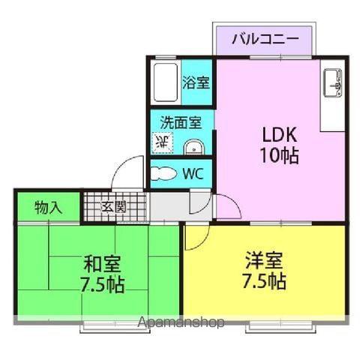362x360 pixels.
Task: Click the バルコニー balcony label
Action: coord(265,39)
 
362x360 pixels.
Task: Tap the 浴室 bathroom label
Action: coord(196,82)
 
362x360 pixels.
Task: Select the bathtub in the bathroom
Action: coord(166,82)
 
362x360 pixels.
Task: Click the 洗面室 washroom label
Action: coord(181,122)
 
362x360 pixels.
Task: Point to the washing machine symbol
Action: coord(163,142)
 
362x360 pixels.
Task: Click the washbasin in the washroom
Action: coord(194,148)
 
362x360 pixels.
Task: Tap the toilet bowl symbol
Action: coord(164,173)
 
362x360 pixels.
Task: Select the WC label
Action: coord(193,174)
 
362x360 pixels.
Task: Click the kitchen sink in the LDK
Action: coord(333,82)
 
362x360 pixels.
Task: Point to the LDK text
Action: coord(280,135)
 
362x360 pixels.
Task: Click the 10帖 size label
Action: coord(280,155)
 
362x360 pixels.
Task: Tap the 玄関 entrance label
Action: coord(113,207)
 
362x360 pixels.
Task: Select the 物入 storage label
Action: coord(49,207)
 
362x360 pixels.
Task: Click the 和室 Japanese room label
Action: coord(102,264)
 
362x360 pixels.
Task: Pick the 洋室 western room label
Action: coord(264,260)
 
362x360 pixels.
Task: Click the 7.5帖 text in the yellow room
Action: coord(264,281)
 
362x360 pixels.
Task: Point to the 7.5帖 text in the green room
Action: coord(102,285)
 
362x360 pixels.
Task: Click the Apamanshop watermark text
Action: coord(181,322)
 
